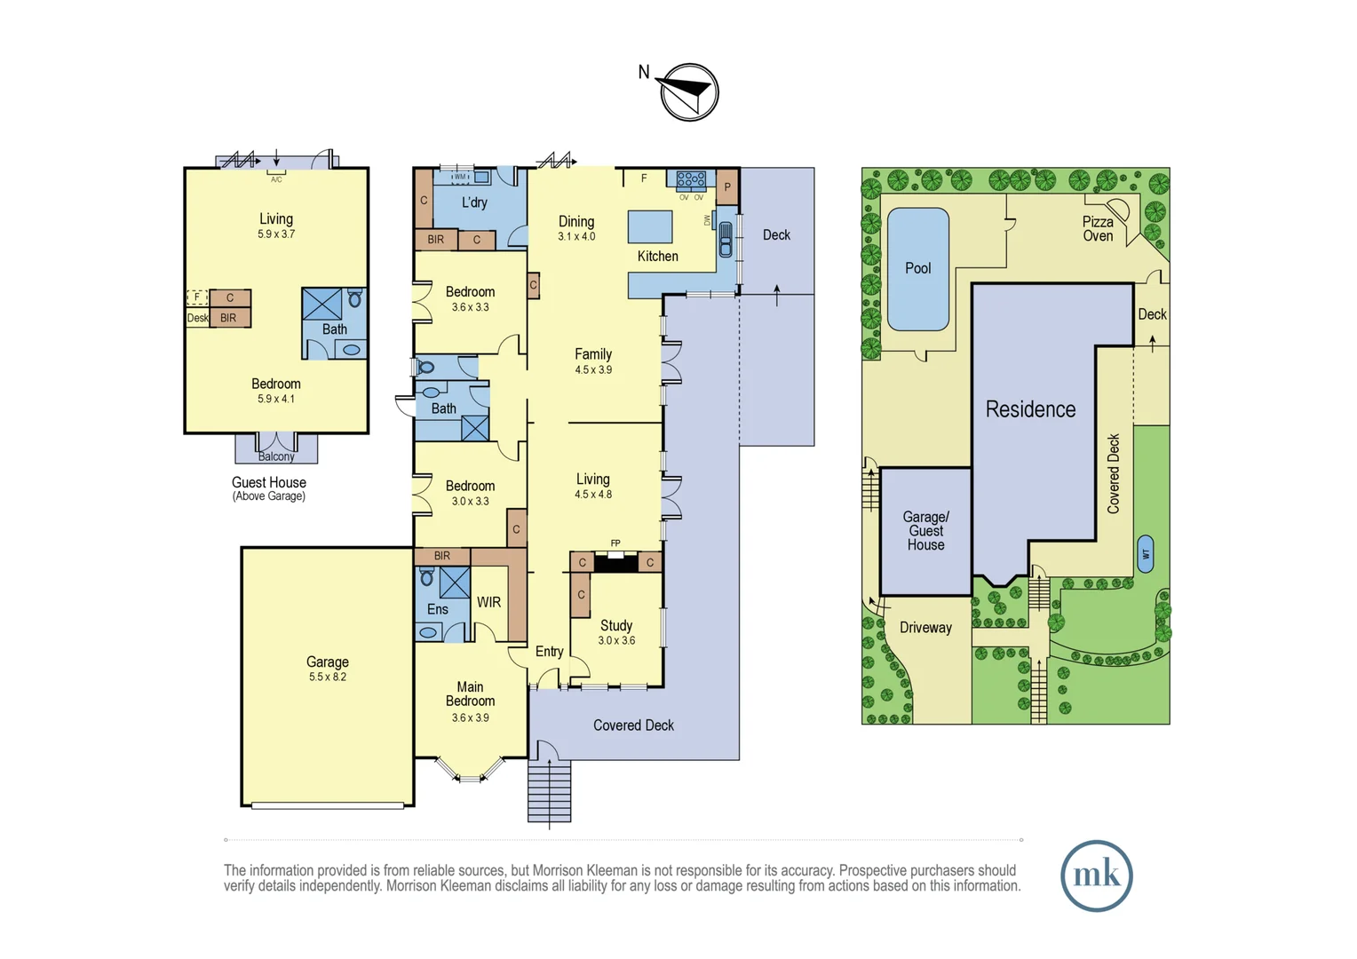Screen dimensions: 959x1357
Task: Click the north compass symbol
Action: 689,92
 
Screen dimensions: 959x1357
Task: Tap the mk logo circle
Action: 1096,876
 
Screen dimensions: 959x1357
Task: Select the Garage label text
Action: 327,662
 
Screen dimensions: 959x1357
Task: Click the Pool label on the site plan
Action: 917,268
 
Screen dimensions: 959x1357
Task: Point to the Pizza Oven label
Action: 1098,229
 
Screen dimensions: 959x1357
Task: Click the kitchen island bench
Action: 650,226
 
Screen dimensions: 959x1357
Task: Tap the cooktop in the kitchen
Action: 690,180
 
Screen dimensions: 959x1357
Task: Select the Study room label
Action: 615,625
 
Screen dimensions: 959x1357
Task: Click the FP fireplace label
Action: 615,543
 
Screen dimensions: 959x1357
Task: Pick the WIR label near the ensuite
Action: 488,602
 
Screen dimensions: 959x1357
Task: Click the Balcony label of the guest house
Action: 276,456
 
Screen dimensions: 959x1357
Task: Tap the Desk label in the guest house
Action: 197,318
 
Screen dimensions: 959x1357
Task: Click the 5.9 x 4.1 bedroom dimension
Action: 276,400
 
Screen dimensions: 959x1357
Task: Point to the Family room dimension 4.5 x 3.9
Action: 593,370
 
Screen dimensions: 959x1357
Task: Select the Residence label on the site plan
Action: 1030,409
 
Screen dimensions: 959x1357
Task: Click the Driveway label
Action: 925,628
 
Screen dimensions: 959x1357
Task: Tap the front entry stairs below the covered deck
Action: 549,791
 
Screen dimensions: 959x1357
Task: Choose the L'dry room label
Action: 474,202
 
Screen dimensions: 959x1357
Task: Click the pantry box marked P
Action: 727,187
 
